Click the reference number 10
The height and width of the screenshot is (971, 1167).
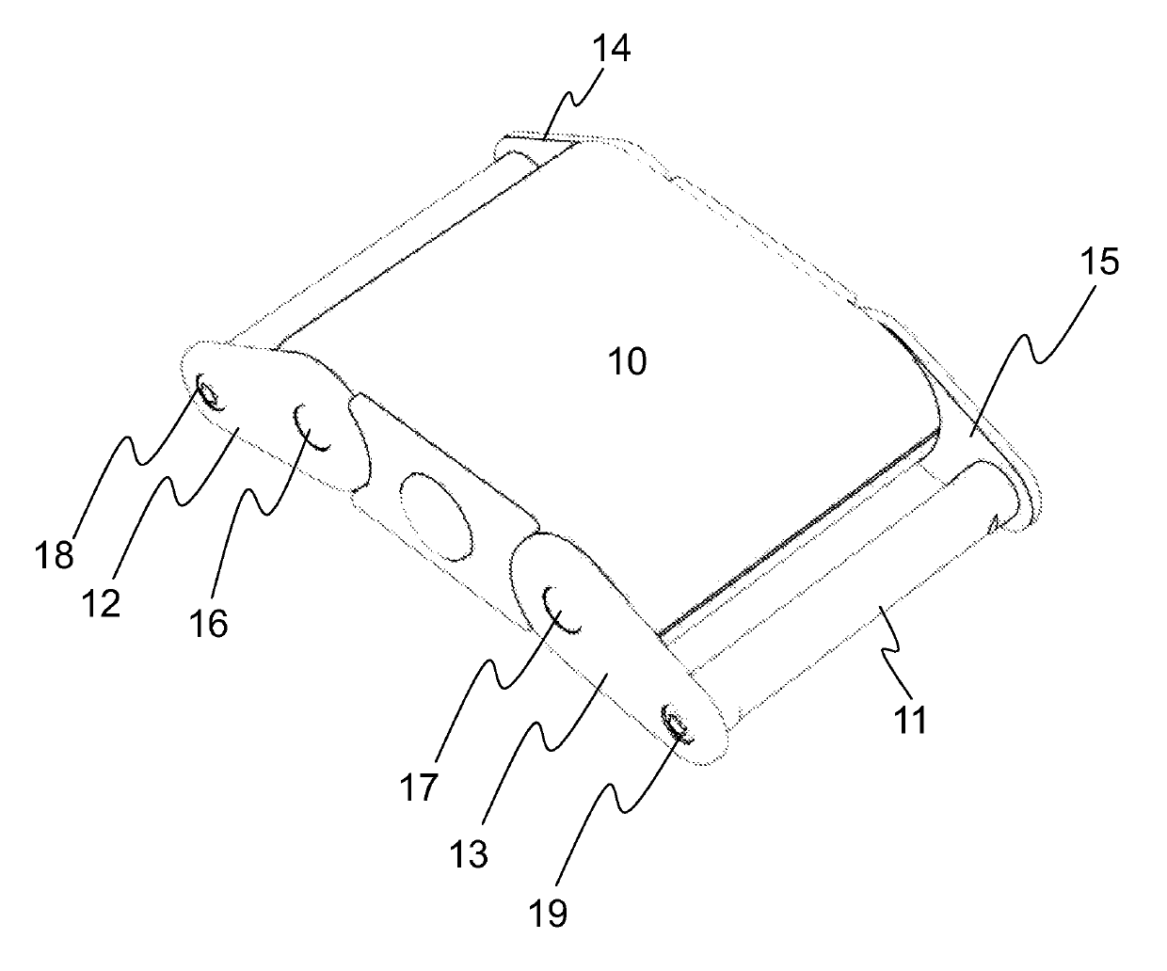[x=629, y=361]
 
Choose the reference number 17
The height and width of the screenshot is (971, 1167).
[x=422, y=786]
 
